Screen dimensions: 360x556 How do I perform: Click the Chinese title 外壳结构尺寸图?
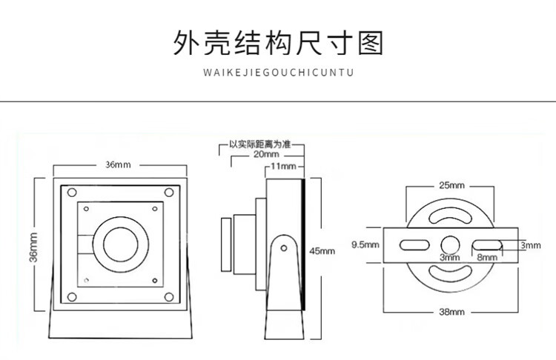(x=278, y=44)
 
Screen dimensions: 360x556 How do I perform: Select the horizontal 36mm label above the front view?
(x=118, y=164)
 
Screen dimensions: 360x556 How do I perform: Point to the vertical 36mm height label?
(x=33, y=253)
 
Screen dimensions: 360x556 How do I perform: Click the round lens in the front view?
(x=119, y=241)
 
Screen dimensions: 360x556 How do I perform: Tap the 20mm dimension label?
(x=266, y=155)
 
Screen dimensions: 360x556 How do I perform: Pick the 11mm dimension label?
(x=282, y=167)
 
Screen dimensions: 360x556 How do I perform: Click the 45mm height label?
(x=322, y=251)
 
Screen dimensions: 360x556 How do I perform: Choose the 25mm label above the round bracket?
(x=451, y=184)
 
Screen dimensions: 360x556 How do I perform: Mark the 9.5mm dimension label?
(x=365, y=244)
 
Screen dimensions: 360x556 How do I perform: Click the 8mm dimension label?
(x=486, y=257)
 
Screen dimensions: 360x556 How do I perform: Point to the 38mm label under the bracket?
(x=451, y=313)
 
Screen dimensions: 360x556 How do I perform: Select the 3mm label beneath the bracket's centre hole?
(x=450, y=257)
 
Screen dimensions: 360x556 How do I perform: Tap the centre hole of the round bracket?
(x=451, y=244)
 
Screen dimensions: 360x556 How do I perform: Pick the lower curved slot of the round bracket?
(x=451, y=273)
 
